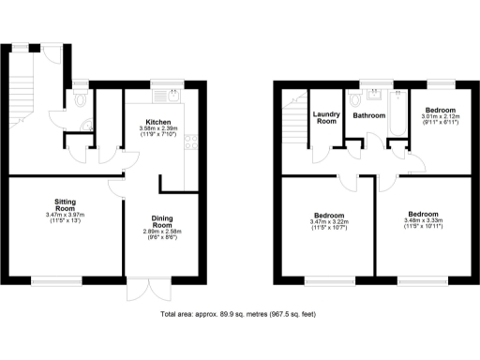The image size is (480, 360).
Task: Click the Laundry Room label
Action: coord(325,118)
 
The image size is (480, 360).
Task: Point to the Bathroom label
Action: coord(368,116)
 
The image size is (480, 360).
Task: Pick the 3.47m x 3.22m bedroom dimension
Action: coord(328,222)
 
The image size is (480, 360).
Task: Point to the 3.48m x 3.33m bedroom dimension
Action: coord(423,220)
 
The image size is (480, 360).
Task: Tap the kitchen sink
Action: coord(174,93)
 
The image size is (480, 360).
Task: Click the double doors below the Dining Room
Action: coord(140,289)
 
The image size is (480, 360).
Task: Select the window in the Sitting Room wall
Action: coord(59,278)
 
